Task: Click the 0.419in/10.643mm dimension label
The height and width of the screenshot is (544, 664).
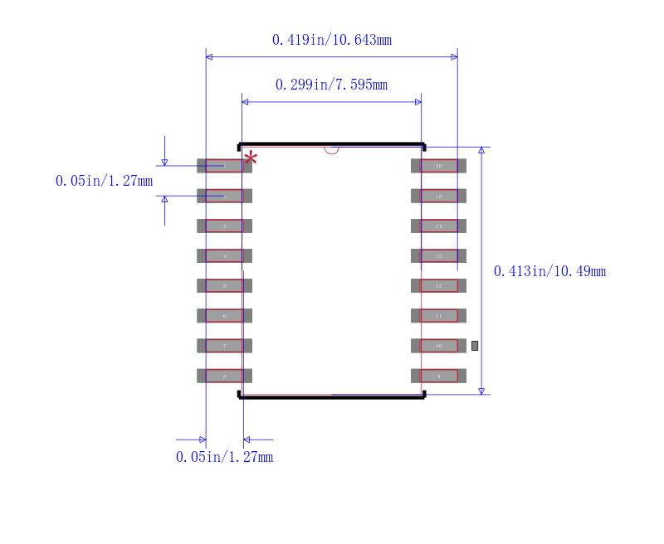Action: tap(332, 40)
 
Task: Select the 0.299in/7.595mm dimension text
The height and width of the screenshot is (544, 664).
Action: tap(332, 85)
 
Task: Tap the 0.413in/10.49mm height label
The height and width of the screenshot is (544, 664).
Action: tap(549, 271)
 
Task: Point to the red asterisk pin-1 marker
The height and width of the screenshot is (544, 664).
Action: tap(250, 157)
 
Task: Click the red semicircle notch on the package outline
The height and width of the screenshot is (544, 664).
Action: tap(332, 150)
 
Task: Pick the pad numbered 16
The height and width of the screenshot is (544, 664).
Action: tap(438, 166)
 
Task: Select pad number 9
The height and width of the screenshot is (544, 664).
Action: tap(438, 376)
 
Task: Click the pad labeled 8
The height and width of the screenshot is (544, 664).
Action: tap(224, 376)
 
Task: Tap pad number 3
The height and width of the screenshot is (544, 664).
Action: tap(224, 226)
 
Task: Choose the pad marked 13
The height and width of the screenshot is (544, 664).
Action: tap(438, 255)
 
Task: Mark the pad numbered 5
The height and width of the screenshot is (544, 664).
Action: tap(224, 285)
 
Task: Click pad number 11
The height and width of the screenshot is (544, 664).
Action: tap(438, 315)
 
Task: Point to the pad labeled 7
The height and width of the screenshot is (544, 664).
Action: tap(224, 345)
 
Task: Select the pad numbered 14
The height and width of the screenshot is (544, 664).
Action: tap(438, 226)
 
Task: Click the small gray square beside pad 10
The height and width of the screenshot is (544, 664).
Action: tap(475, 345)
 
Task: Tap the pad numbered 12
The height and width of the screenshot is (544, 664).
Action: tap(438, 285)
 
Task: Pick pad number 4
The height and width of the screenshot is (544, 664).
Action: tap(224, 255)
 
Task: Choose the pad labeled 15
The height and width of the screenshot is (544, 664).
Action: tap(438, 196)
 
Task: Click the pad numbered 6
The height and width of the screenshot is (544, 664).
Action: tap(224, 315)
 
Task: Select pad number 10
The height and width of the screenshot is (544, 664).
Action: tap(438, 345)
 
